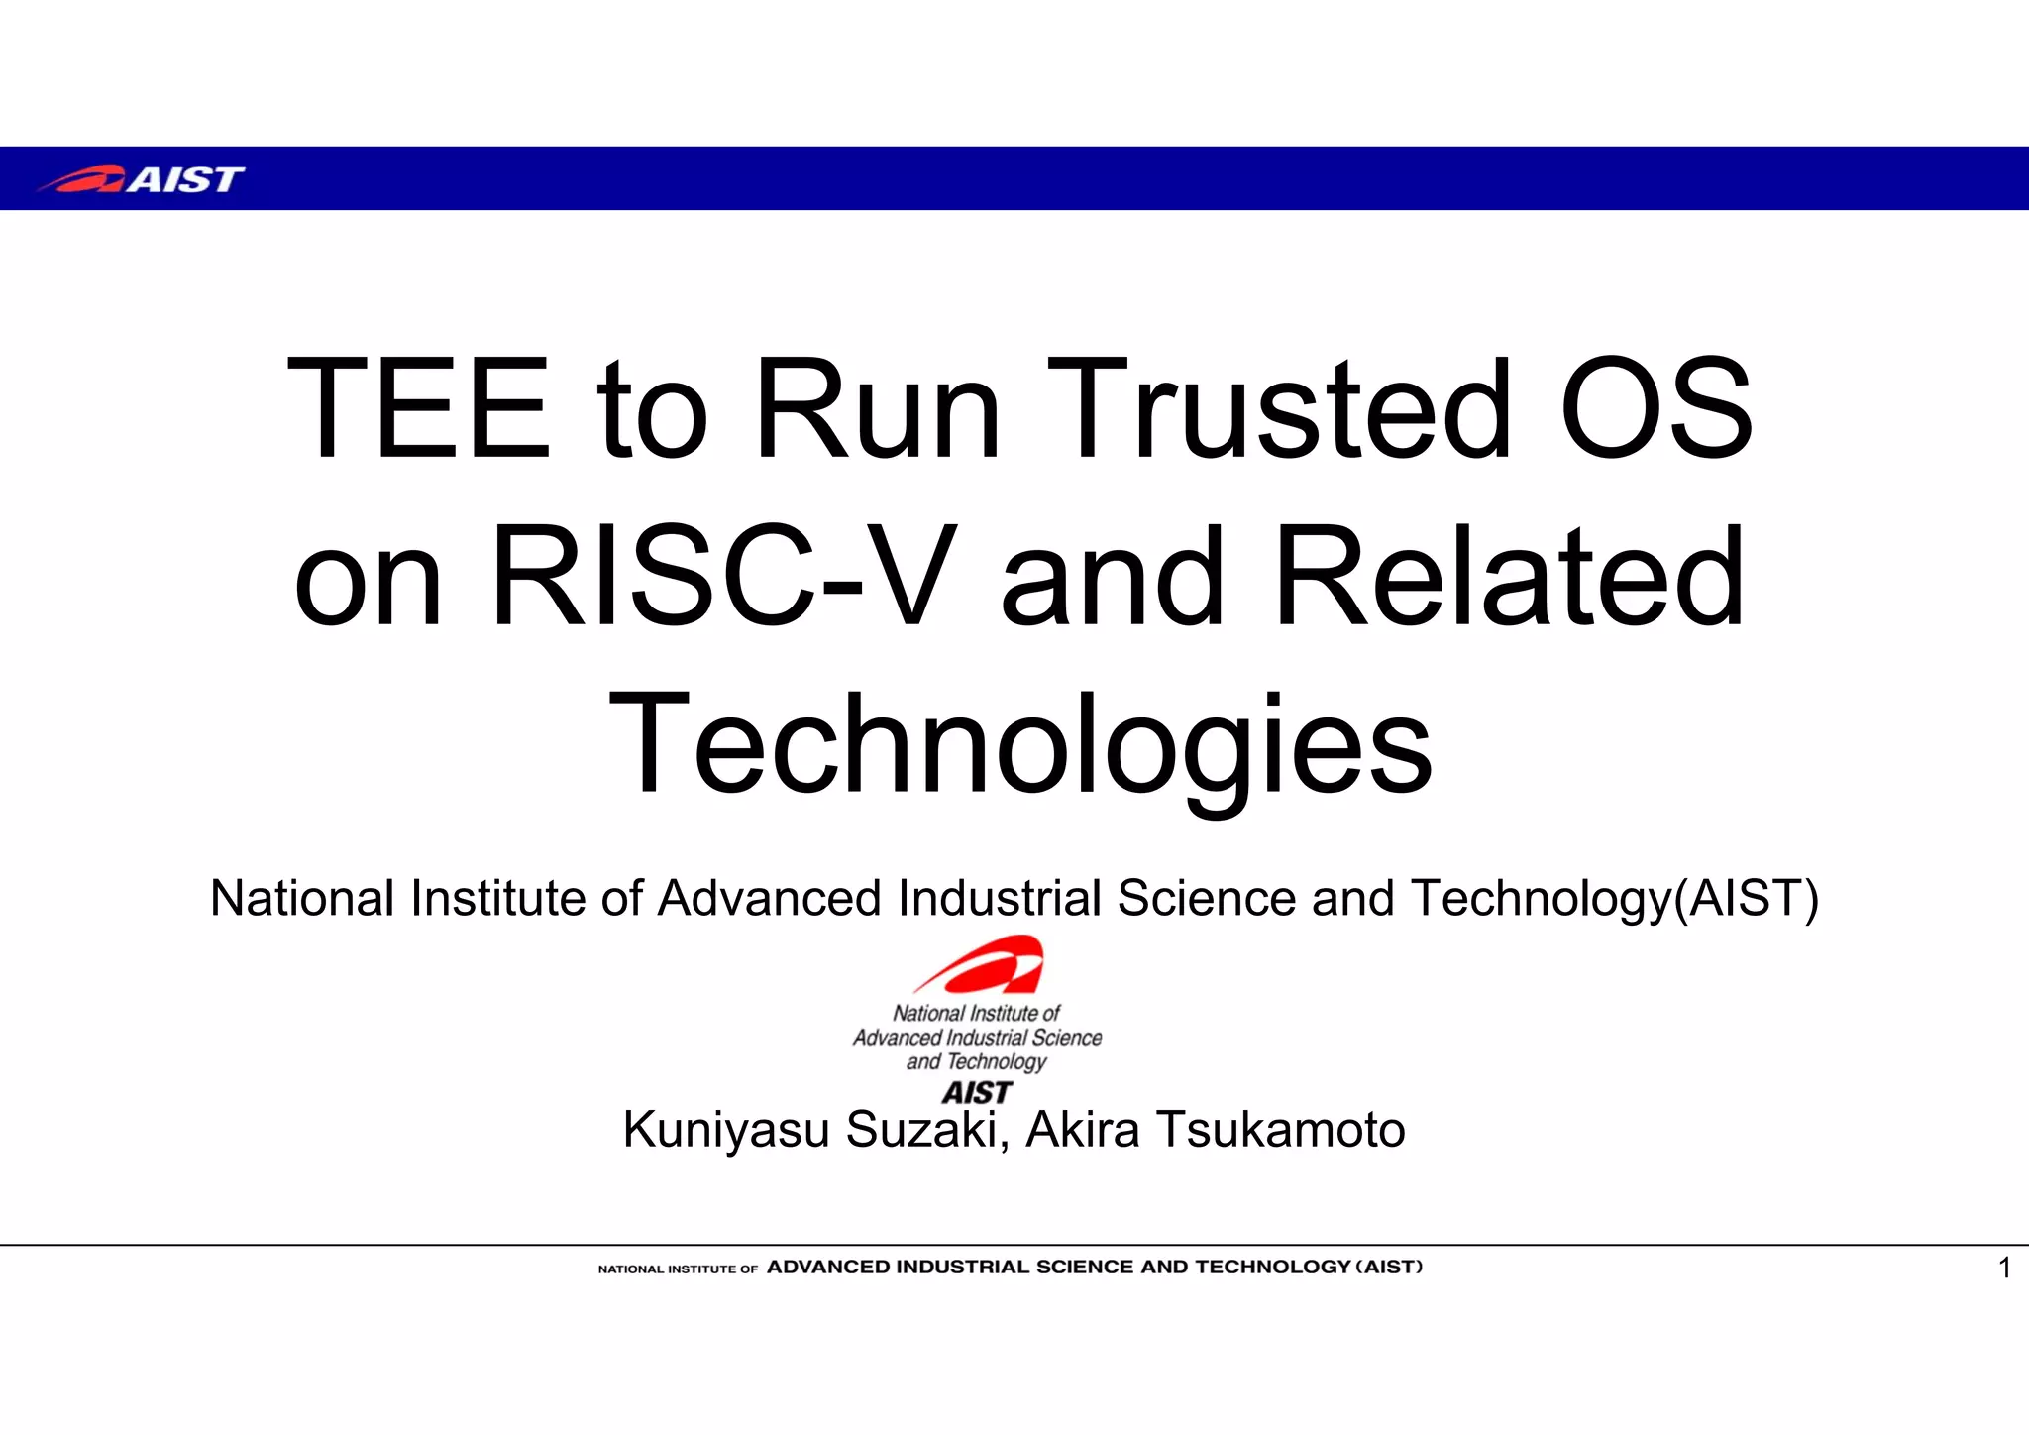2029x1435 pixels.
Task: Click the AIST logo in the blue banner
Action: tap(141, 179)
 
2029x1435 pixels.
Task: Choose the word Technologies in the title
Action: tap(1020, 745)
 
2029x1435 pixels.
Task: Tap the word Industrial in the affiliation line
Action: tap(1000, 899)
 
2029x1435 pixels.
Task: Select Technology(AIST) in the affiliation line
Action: tap(1615, 899)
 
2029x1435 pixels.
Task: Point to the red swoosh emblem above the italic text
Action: tap(981, 964)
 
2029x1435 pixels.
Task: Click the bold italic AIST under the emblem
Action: tap(977, 1092)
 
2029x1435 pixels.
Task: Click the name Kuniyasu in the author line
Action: tap(726, 1130)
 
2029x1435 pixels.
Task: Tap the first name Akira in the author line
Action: tap(1083, 1130)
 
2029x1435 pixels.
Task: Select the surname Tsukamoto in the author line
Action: tap(1281, 1130)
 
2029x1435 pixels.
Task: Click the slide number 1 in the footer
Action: tap(2004, 1269)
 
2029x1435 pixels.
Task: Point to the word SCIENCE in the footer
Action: tap(1085, 1267)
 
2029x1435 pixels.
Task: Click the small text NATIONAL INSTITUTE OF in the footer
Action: tap(678, 1269)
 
